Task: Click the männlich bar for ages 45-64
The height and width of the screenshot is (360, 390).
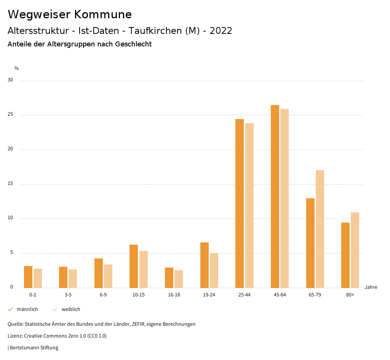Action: pyautogui.click(x=275, y=196)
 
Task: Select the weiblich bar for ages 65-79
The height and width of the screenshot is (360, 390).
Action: pyautogui.click(x=320, y=229)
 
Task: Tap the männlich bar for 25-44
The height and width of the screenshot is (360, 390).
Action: pyautogui.click(x=240, y=203)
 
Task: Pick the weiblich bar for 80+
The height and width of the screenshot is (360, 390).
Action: pyautogui.click(x=355, y=250)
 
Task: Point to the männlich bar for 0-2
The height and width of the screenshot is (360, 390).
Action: pyautogui.click(x=28, y=277)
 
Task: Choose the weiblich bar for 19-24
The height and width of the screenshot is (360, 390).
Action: pyautogui.click(x=214, y=270)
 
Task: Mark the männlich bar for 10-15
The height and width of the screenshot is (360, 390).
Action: pyautogui.click(x=134, y=266)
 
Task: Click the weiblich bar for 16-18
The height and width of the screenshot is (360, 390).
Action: pyautogui.click(x=179, y=279)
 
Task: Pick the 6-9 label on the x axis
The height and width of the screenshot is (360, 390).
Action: pyautogui.click(x=103, y=295)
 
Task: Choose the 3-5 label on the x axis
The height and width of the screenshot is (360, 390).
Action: pyautogui.click(x=68, y=295)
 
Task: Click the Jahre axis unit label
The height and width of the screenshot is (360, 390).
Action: pyautogui.click(x=371, y=287)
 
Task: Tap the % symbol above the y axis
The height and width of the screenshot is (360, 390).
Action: pyautogui.click(x=16, y=68)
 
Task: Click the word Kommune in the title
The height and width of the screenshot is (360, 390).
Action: pyautogui.click(x=103, y=14)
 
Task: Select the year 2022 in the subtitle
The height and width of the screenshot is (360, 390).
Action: pyautogui.click(x=221, y=31)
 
